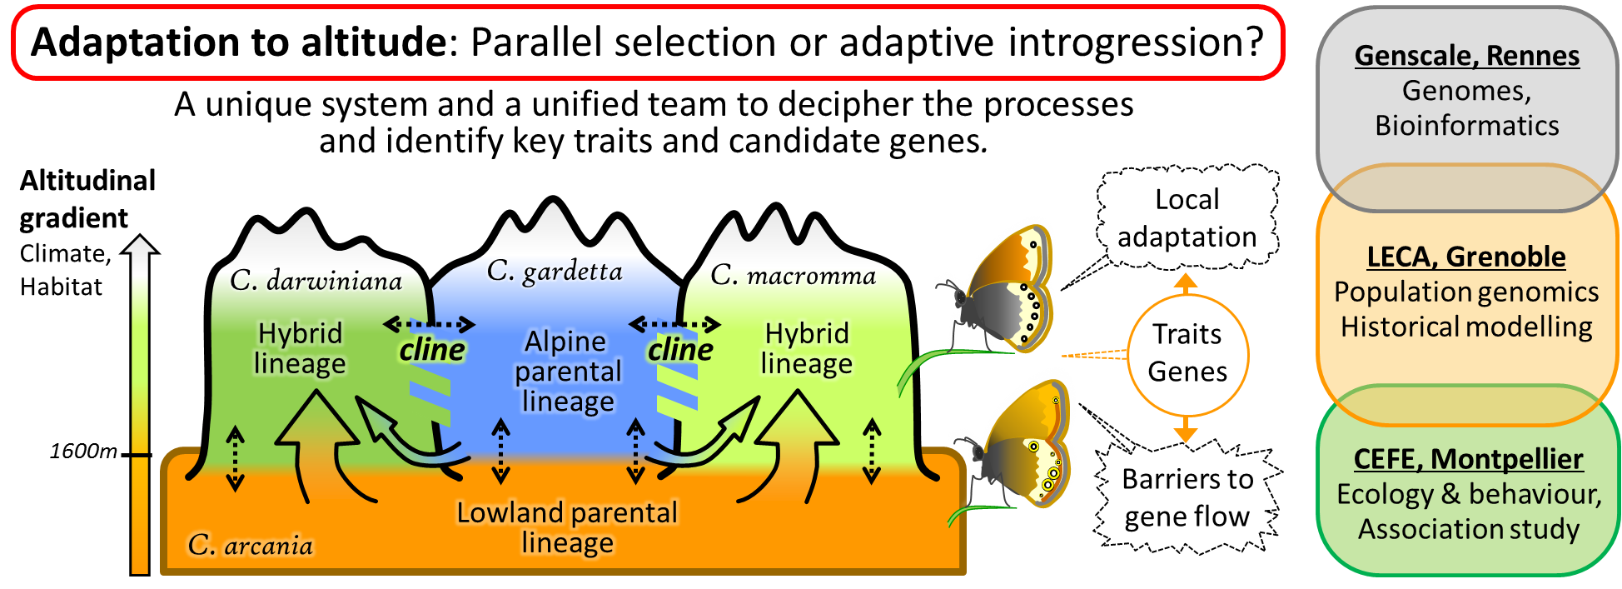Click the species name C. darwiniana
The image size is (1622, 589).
point(316,281)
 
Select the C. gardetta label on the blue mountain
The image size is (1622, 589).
point(555,271)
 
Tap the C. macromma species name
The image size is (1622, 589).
point(793,275)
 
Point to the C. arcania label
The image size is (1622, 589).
point(250,545)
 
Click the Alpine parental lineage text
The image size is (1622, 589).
point(568,372)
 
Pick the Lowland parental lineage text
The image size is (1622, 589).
point(567,527)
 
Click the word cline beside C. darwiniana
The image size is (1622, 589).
point(431,350)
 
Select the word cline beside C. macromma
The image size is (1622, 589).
point(679,350)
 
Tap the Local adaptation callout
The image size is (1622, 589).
point(1187,218)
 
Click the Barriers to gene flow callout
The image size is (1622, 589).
point(1187,497)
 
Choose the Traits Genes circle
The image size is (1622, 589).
point(1187,353)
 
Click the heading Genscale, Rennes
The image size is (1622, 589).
point(1466,56)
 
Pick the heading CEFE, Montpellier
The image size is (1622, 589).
point(1468,459)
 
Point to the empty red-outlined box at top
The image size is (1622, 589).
point(648,42)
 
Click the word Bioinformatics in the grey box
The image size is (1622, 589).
point(1466,126)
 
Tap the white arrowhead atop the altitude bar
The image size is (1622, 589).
point(140,245)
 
